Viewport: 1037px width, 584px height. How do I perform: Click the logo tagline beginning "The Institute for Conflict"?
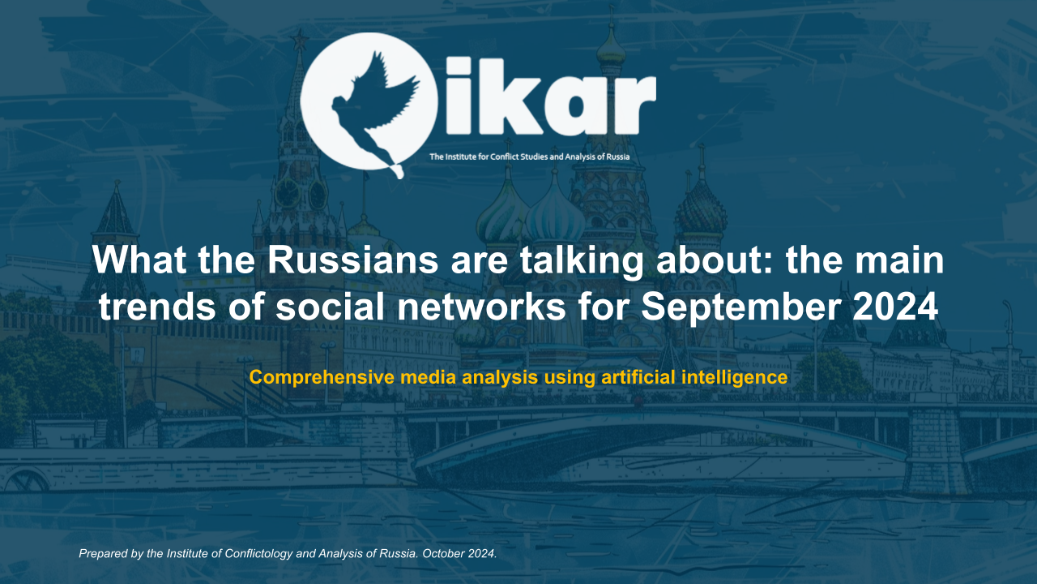point(529,157)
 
